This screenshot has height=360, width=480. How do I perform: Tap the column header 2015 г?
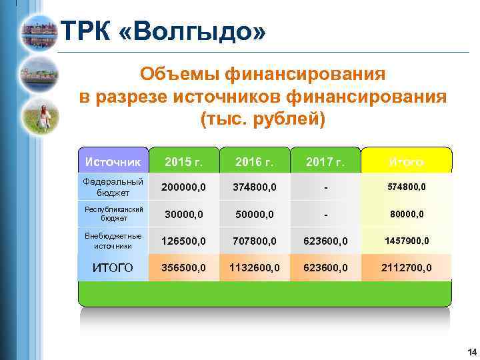tap(183, 162)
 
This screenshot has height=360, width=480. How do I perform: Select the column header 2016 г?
tap(255, 162)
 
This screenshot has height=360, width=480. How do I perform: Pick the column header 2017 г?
tap(326, 162)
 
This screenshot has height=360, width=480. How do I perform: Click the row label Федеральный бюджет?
tap(111, 187)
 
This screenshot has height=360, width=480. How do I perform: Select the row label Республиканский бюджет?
tap(111, 213)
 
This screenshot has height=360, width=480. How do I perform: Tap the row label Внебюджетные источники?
tap(111, 240)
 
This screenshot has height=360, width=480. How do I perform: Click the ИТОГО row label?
tap(111, 267)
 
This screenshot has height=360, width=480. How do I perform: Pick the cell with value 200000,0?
tap(183, 187)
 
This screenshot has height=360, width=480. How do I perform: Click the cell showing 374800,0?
tap(255, 187)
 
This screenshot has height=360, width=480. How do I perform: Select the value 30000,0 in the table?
tap(183, 214)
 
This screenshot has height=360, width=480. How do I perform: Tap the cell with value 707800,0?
tap(255, 241)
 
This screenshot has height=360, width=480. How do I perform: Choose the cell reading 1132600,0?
tap(255, 267)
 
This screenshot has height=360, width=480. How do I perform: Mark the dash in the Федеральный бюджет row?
tap(326, 188)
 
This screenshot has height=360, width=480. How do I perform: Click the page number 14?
tap(471, 352)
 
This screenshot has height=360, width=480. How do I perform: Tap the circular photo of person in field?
tap(40, 116)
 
